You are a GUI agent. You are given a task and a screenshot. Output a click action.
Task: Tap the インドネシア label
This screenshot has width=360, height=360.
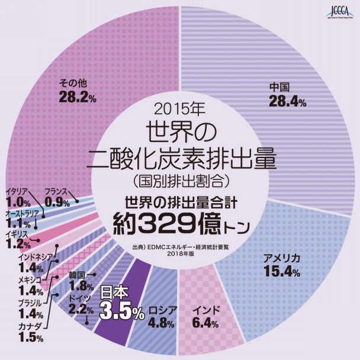tap(36, 256)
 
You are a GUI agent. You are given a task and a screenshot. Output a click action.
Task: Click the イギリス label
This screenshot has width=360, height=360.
tap(17, 234)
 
